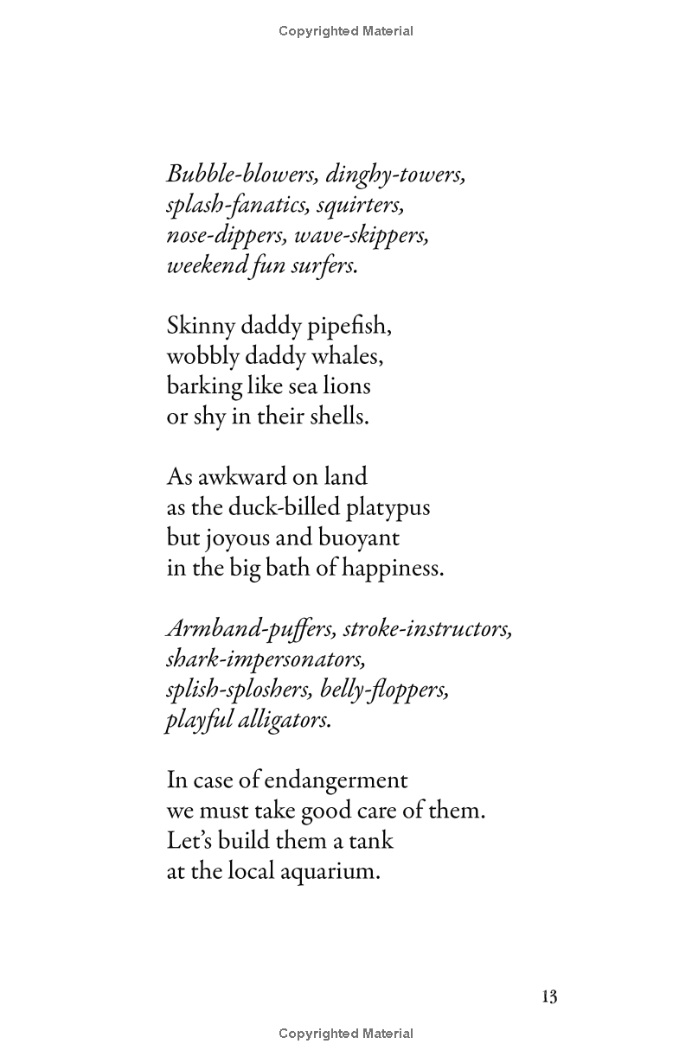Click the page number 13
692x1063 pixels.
pos(548,997)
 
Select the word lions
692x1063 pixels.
pos(346,386)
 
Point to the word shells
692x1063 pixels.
pos(338,417)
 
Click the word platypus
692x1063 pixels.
pos(388,507)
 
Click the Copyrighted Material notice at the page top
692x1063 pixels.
pos(346,31)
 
